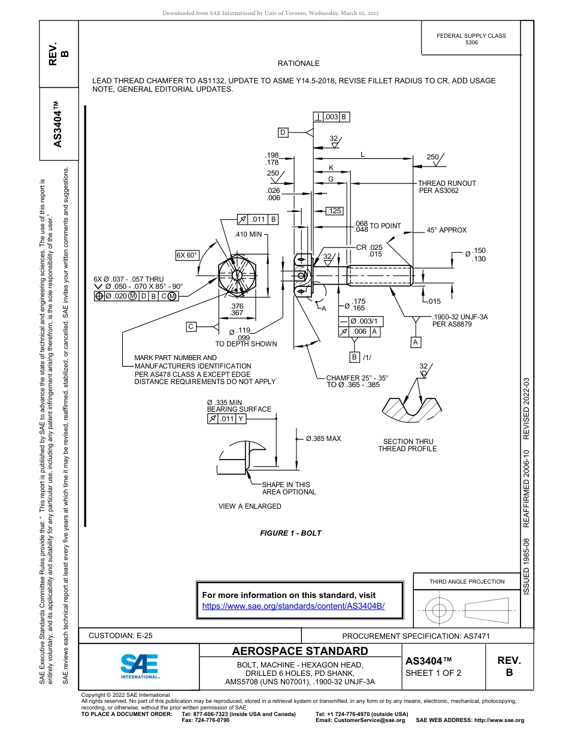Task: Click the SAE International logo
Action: coord(140,666)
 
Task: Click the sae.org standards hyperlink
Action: coord(293,606)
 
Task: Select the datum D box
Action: coord(283,132)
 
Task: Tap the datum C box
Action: coord(191,327)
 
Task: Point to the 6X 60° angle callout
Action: coord(187,255)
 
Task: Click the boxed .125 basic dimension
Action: coord(334,211)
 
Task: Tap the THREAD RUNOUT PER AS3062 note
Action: coord(446,187)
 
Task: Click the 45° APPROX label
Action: coord(446,230)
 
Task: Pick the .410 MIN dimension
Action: coord(248,234)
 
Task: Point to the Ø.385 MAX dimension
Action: coord(323,439)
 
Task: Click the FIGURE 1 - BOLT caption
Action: coord(290,533)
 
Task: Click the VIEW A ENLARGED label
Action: coord(250,506)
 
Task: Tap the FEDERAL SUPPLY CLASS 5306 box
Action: coord(471,39)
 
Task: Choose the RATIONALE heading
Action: coord(298,64)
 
